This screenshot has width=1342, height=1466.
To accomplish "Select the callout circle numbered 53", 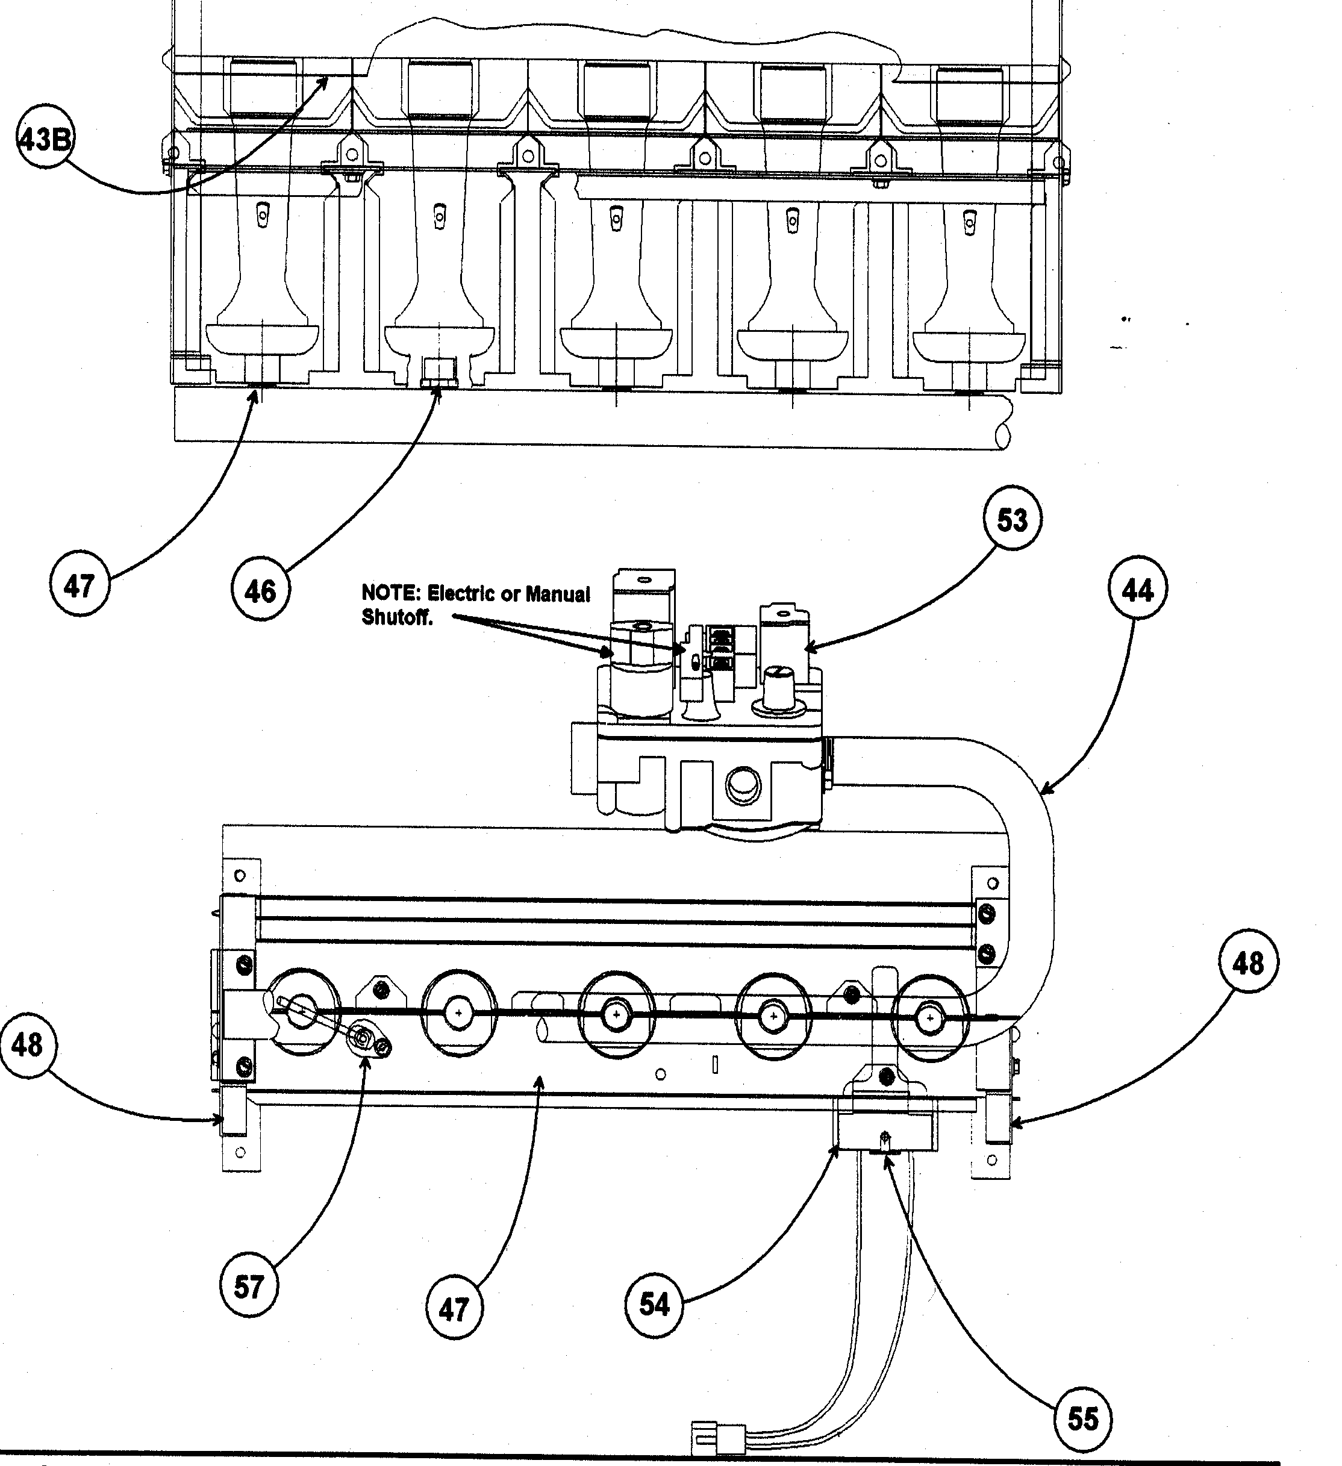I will (1012, 520).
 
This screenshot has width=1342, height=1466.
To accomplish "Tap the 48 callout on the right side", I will (1248, 964).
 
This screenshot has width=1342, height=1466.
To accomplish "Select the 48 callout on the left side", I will (28, 1046).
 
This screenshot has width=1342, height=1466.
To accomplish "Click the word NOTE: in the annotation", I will (390, 593).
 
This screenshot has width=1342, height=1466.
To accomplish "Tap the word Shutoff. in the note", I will (397, 617).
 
